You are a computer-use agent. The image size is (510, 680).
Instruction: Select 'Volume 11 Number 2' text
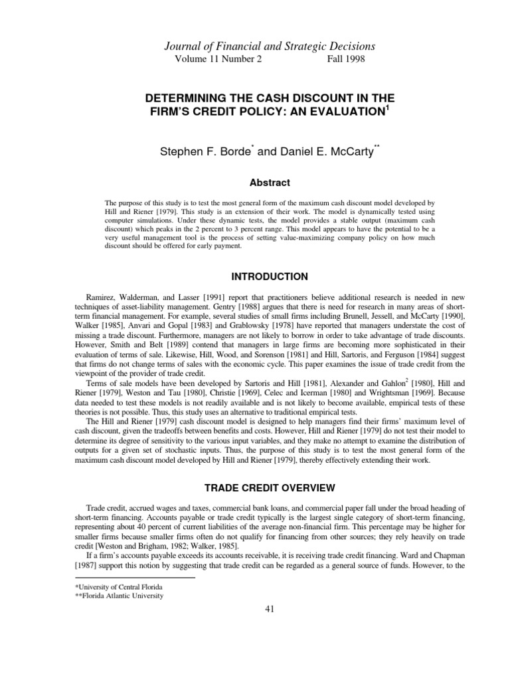click(x=218, y=59)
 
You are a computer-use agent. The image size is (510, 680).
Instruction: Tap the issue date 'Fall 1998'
click(x=346, y=59)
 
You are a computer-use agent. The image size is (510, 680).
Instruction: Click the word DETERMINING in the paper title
click(x=189, y=98)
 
